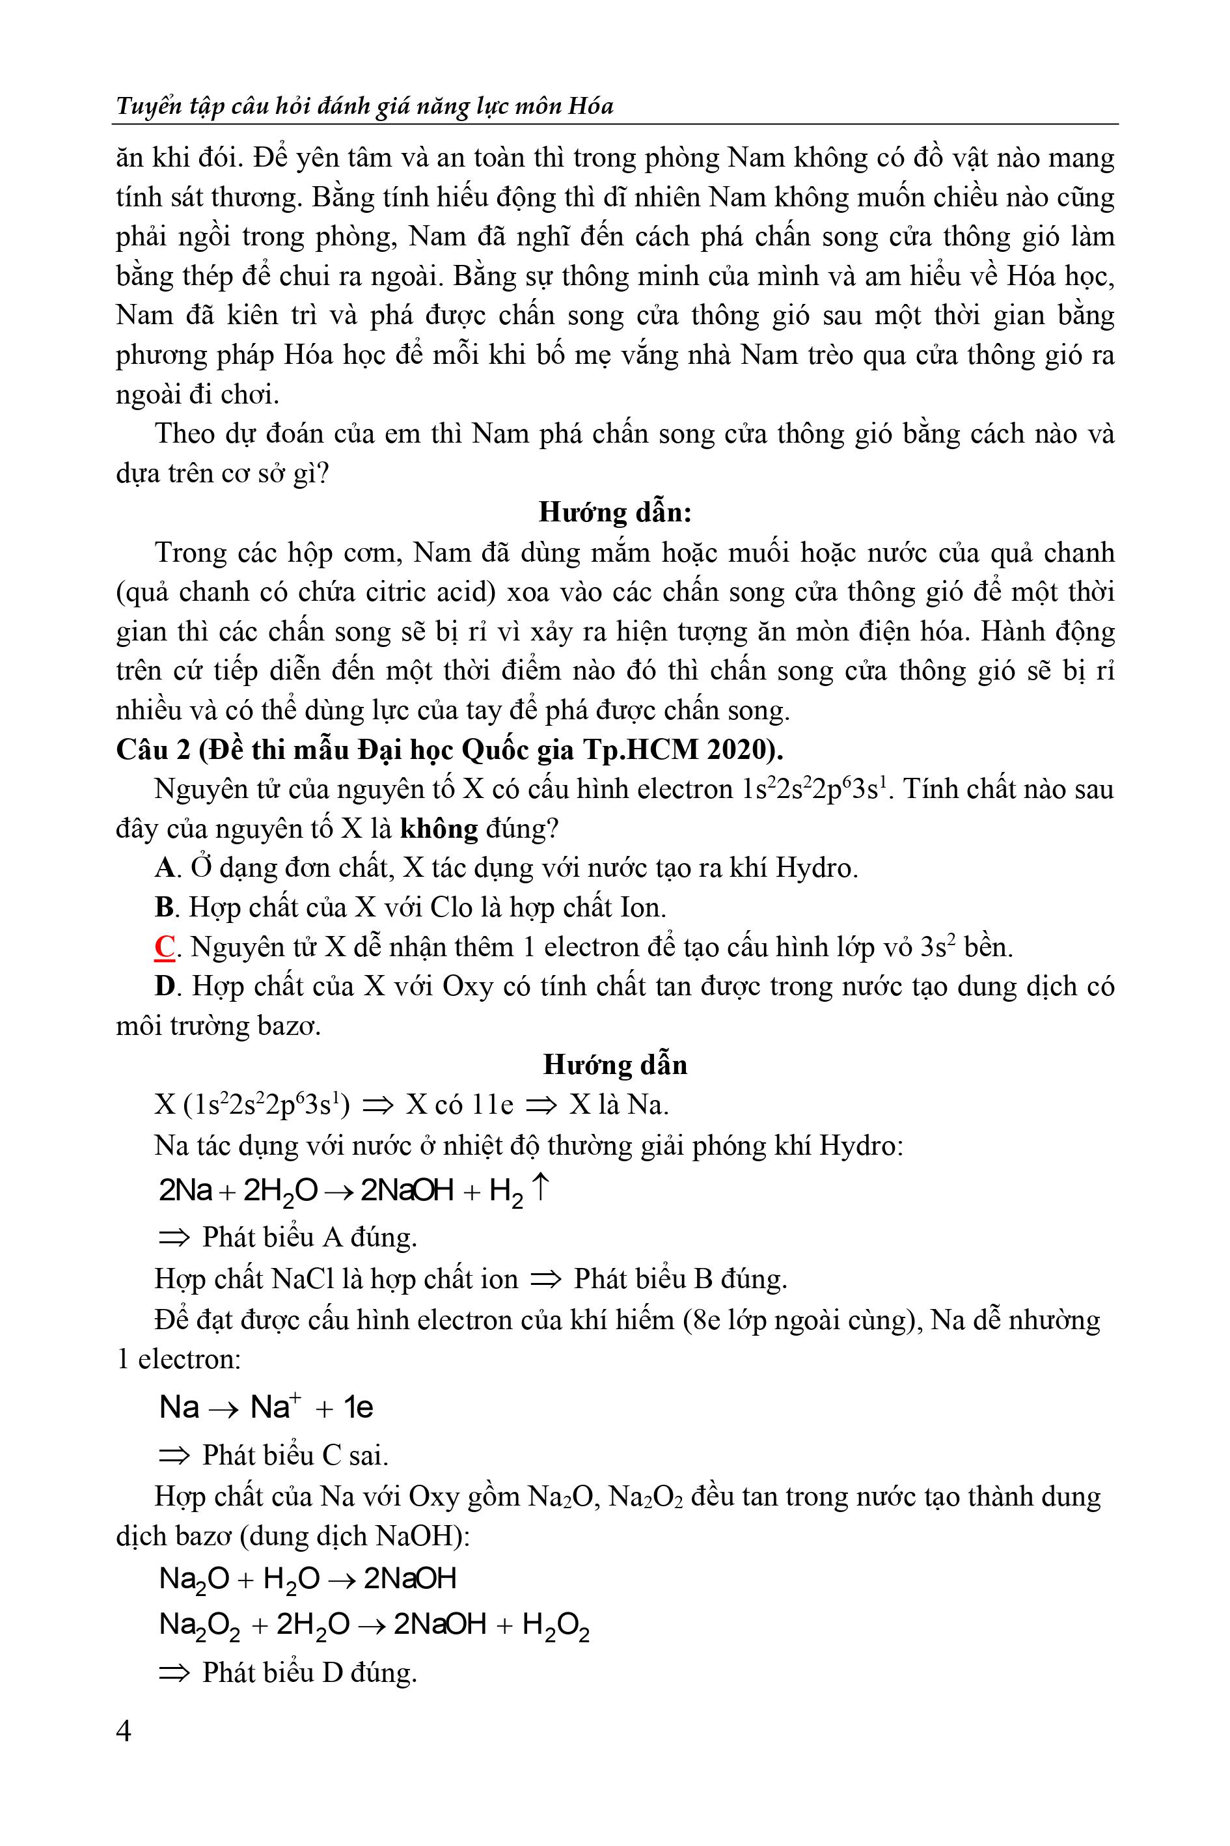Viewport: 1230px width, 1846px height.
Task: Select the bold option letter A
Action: click(x=164, y=868)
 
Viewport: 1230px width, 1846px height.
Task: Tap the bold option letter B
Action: click(x=163, y=907)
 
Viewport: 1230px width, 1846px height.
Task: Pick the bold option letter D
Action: click(x=164, y=986)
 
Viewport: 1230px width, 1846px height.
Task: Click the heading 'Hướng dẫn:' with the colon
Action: click(x=615, y=512)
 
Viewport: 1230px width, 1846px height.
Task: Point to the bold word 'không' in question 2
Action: click(x=439, y=829)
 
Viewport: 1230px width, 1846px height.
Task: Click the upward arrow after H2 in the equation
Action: click(x=540, y=1189)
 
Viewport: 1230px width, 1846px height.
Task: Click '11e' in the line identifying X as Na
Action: click(x=492, y=1105)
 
